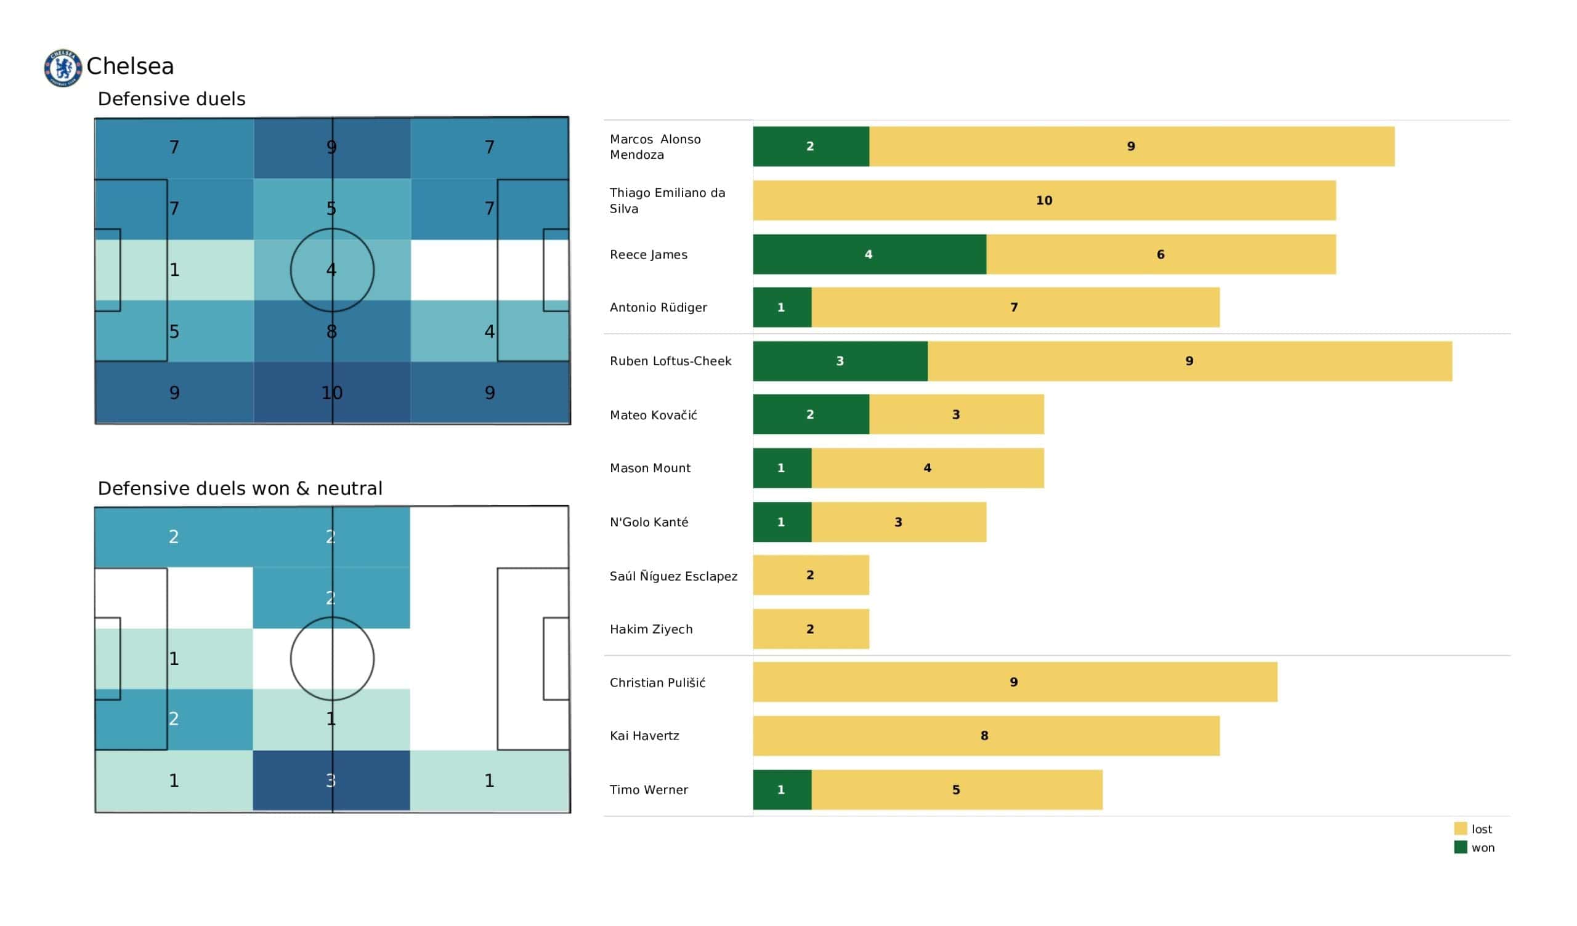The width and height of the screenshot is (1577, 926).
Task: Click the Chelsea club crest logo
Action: coord(63,68)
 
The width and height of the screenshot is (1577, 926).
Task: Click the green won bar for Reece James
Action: coord(869,254)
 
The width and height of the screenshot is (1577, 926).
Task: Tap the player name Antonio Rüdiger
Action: coord(659,307)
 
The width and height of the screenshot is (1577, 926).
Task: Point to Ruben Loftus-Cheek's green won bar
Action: coord(840,361)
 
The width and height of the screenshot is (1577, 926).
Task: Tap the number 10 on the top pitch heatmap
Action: coord(331,393)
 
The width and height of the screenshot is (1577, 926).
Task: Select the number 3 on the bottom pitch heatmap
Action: coord(331,781)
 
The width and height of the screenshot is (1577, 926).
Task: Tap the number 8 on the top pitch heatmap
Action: coord(331,332)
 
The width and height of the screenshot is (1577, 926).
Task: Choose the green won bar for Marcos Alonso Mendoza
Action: coord(811,147)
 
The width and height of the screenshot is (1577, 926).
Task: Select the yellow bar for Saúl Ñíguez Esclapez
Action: coord(811,575)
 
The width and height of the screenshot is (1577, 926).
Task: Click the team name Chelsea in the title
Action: coord(130,66)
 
